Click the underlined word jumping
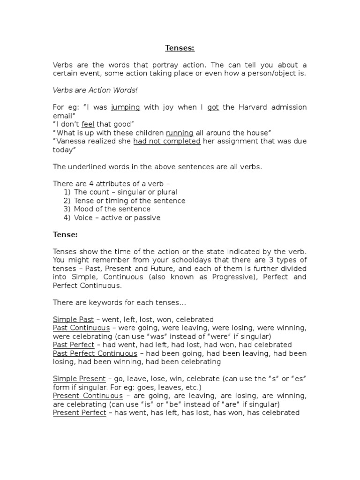point(126,107)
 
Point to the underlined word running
point(180,133)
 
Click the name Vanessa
point(71,142)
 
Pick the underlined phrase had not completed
point(167,142)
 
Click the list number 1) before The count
point(67,192)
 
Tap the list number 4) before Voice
point(67,217)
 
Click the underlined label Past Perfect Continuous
point(95,353)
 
